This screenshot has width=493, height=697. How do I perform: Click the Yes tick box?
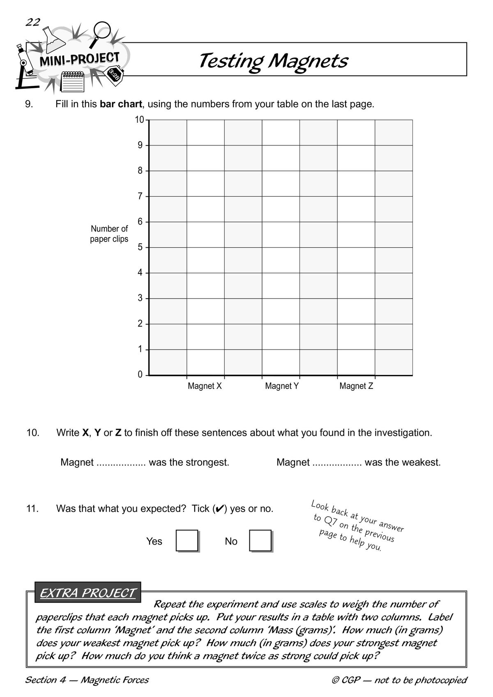point(187,541)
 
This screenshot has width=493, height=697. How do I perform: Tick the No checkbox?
point(260,541)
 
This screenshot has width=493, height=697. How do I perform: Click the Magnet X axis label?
point(205,386)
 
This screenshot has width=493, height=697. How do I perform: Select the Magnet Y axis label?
point(282,386)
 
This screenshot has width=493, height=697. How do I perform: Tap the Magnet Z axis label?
point(356,386)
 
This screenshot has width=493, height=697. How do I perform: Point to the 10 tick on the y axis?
point(140,120)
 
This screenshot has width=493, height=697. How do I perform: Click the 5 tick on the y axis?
point(140,247)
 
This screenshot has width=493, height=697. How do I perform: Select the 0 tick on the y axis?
point(140,375)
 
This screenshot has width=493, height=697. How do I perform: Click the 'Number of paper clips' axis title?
point(109,234)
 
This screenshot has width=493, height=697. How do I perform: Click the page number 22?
point(33,22)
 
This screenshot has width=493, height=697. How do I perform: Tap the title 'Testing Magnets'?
point(273,61)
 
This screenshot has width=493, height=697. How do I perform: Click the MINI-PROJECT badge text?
point(79,60)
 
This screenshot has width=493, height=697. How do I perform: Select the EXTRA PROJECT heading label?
point(88,593)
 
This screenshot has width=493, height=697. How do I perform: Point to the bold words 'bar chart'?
point(121,104)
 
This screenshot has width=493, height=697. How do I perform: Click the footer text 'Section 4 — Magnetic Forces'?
point(87,680)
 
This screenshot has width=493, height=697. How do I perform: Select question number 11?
point(32,508)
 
